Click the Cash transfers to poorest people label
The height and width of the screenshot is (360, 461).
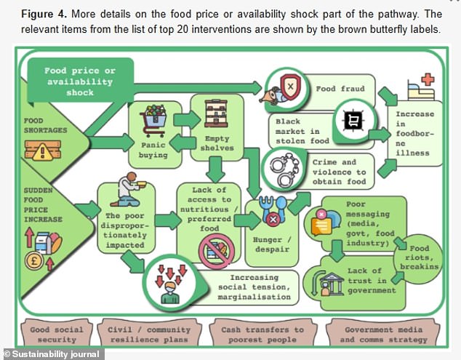point(262,334)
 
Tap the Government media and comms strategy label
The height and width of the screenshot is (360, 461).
point(379,334)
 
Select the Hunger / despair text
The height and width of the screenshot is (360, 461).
point(272,244)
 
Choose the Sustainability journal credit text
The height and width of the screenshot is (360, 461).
point(52,354)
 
